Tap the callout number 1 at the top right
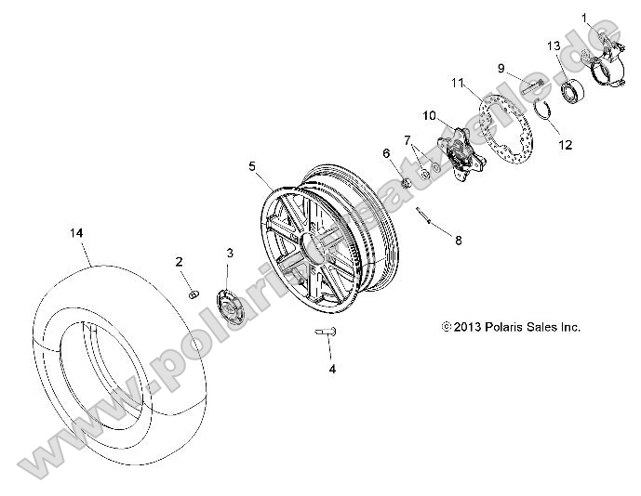[586, 18]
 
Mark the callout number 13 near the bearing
[553, 46]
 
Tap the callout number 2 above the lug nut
[180, 263]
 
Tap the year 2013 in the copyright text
[468, 327]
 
